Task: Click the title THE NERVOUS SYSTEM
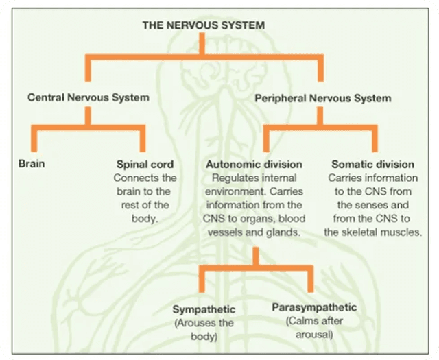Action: [203, 25]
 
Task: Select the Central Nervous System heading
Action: [88, 98]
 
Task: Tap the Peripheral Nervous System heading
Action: [322, 99]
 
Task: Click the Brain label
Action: [32, 165]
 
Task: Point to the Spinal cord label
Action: [144, 165]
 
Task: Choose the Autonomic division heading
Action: [254, 165]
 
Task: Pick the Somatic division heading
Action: [372, 165]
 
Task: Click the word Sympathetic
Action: [204, 309]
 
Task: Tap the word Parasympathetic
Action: [314, 307]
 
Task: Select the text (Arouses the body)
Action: [204, 329]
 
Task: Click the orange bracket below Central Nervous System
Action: [88, 127]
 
